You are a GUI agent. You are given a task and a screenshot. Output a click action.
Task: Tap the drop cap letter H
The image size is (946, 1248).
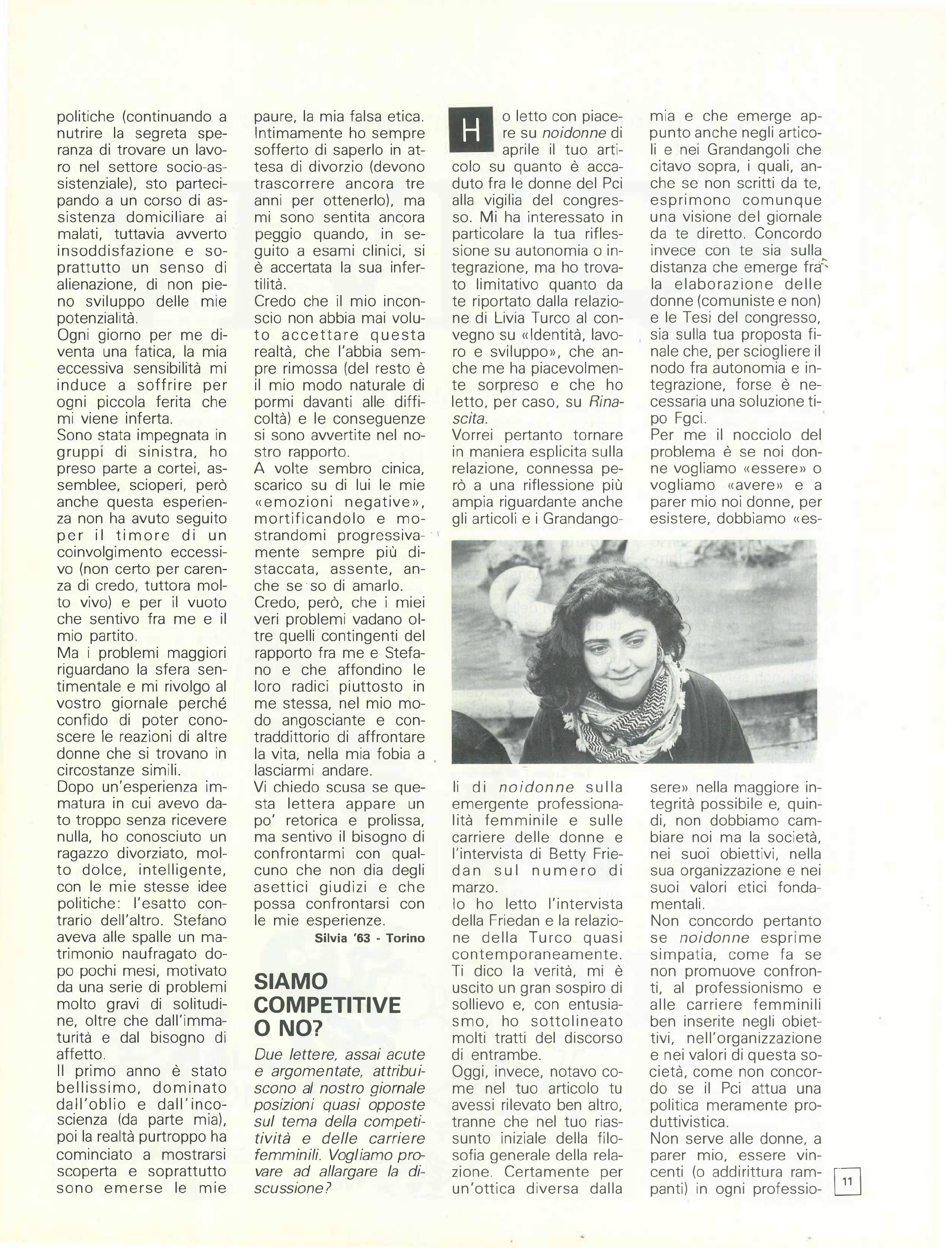(x=470, y=132)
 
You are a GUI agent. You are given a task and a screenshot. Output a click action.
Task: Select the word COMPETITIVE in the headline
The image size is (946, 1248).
(x=327, y=1005)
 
